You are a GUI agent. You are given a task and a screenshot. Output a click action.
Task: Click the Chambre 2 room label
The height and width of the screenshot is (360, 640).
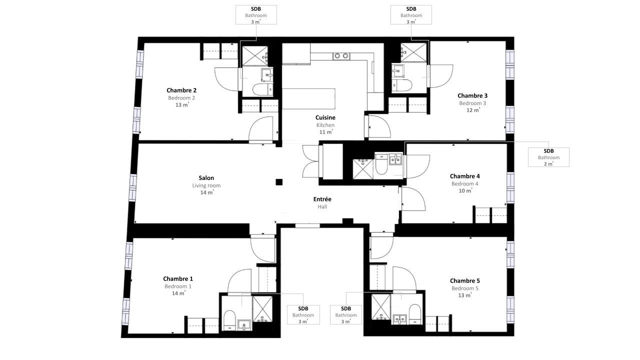point(181,90)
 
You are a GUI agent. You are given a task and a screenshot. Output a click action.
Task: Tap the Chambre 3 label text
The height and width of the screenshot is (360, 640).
point(472,95)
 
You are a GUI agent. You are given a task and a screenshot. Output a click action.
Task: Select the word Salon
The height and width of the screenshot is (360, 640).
point(206,177)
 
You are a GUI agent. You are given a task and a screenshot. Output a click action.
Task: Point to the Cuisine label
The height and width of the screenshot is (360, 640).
point(325,117)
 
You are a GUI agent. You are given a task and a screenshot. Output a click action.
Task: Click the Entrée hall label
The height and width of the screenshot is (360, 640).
point(322,199)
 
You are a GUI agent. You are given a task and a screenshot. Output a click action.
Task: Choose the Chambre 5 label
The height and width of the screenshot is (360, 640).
point(464,280)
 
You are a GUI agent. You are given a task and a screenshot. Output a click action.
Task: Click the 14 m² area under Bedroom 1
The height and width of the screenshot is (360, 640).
point(178,293)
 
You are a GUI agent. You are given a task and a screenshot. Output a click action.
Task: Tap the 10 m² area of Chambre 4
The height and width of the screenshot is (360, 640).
point(465,190)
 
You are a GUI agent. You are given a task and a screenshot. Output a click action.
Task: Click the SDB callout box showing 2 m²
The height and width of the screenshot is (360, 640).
point(548,157)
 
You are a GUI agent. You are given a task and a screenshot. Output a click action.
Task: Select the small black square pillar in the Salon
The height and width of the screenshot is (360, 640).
point(279,182)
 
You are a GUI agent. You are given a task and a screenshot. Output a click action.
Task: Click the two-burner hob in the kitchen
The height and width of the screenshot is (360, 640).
point(341,55)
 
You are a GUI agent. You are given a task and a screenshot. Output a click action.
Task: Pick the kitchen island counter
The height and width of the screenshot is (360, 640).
point(308,98)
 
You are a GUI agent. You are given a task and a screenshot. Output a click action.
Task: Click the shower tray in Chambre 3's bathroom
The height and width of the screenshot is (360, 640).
point(413,52)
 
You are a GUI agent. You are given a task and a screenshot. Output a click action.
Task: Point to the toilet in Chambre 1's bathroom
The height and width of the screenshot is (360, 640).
point(229,320)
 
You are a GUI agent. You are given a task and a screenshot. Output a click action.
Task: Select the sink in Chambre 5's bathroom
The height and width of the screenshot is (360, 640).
point(399,319)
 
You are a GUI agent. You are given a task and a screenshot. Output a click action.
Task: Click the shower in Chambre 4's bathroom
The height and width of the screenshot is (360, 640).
point(363,169)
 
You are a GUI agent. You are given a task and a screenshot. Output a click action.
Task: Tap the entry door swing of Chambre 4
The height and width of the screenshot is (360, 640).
point(413,199)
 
